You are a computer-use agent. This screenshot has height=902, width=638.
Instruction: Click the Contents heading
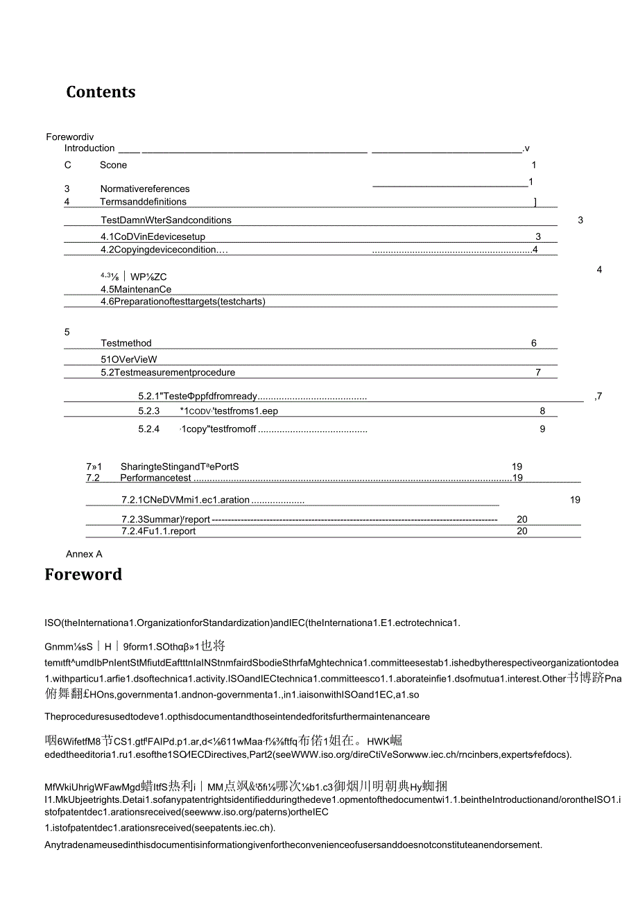click(x=101, y=92)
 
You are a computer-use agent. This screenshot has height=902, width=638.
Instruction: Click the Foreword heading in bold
click(x=83, y=575)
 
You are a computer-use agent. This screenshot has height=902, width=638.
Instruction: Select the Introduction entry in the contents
click(x=89, y=148)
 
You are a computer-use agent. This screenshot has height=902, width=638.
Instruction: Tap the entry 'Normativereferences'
click(x=144, y=189)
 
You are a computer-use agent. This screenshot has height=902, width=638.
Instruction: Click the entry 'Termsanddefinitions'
click(x=143, y=202)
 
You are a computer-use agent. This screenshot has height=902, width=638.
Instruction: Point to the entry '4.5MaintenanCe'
click(x=135, y=289)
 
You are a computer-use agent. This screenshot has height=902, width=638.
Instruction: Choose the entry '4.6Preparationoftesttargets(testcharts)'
click(x=183, y=302)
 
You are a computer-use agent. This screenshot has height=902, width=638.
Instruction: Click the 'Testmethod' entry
click(x=126, y=343)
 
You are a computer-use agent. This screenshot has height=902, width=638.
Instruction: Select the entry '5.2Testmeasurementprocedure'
click(x=167, y=372)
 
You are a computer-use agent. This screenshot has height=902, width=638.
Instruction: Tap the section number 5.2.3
click(x=149, y=411)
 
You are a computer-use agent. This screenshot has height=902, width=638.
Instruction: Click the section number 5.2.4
click(x=149, y=429)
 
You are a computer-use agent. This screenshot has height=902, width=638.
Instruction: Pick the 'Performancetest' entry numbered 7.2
click(x=155, y=478)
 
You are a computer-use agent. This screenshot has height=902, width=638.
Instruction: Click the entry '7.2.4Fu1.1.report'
click(x=158, y=531)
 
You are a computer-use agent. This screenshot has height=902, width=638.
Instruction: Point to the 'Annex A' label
click(x=84, y=554)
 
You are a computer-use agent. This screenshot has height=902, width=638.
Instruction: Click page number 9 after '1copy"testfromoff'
click(x=542, y=429)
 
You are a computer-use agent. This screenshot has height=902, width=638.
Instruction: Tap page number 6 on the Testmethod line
click(x=534, y=343)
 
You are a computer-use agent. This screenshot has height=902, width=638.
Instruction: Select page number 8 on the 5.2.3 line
click(x=542, y=411)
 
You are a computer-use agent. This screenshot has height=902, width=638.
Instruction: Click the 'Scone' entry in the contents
click(x=113, y=165)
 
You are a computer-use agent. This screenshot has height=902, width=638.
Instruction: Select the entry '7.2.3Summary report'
click(x=165, y=519)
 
